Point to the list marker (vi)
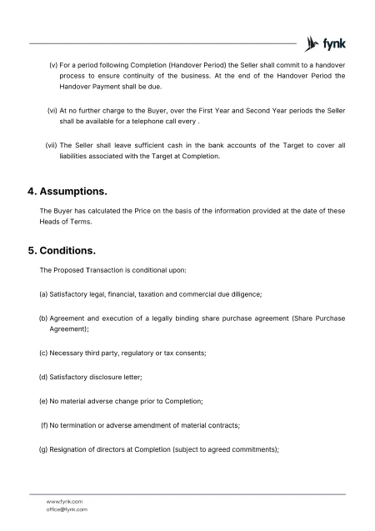click(52, 109)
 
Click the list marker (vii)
click(51, 146)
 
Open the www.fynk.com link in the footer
click(64, 501)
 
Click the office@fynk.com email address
click(67, 508)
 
